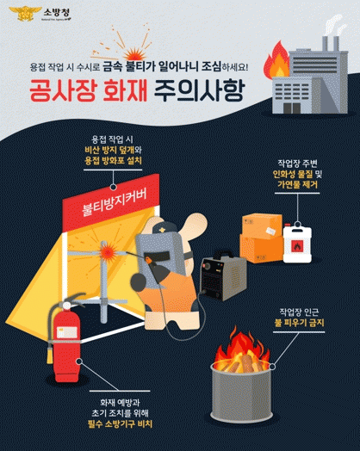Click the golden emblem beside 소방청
coord(25,13)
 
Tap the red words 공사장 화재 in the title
coord(89,90)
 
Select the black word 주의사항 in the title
coord(199,90)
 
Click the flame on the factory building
coord(276,60)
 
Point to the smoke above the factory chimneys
coord(334,24)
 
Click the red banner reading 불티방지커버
coord(111,203)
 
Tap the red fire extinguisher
coord(65,338)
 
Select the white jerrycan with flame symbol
coord(297,244)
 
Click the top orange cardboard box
coord(262,226)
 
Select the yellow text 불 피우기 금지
coord(299,323)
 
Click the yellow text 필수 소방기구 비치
coord(120,424)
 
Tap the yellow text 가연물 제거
coord(297,184)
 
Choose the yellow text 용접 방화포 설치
coord(113,160)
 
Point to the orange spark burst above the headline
coord(134,54)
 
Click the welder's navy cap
coord(164,228)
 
